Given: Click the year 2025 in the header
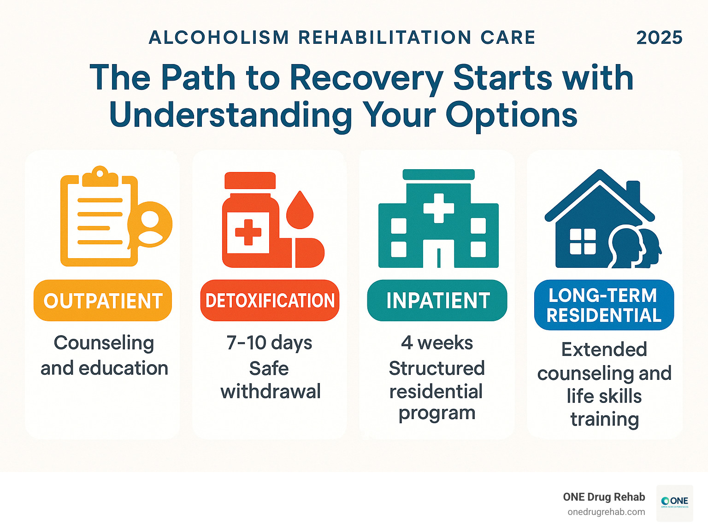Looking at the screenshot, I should pyautogui.click(x=659, y=38).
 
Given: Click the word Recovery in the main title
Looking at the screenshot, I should pyautogui.click(x=366, y=77).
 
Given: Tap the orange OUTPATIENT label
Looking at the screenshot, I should pyautogui.click(x=103, y=301).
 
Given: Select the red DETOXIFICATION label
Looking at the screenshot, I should pyautogui.click(x=270, y=301).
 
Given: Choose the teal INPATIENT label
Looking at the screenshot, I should pyautogui.click(x=437, y=301).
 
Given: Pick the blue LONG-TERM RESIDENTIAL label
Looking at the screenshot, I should pyautogui.click(x=604, y=305).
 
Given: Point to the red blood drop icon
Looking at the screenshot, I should pyautogui.click(x=300, y=211).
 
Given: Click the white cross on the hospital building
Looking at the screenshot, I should pyautogui.click(x=438, y=208).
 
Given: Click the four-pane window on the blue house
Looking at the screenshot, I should pyautogui.click(x=583, y=242).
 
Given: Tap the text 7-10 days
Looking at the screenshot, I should pyautogui.click(x=269, y=343).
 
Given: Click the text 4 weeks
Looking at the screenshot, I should pyautogui.click(x=437, y=343).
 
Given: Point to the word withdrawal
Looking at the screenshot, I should pyautogui.click(x=271, y=392).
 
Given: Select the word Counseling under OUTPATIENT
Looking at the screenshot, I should pyautogui.click(x=104, y=343).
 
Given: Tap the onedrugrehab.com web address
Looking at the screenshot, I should pyautogui.click(x=606, y=512).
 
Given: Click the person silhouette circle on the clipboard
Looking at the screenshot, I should pyautogui.click(x=151, y=225).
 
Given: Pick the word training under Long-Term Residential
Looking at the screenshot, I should pyautogui.click(x=605, y=420).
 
